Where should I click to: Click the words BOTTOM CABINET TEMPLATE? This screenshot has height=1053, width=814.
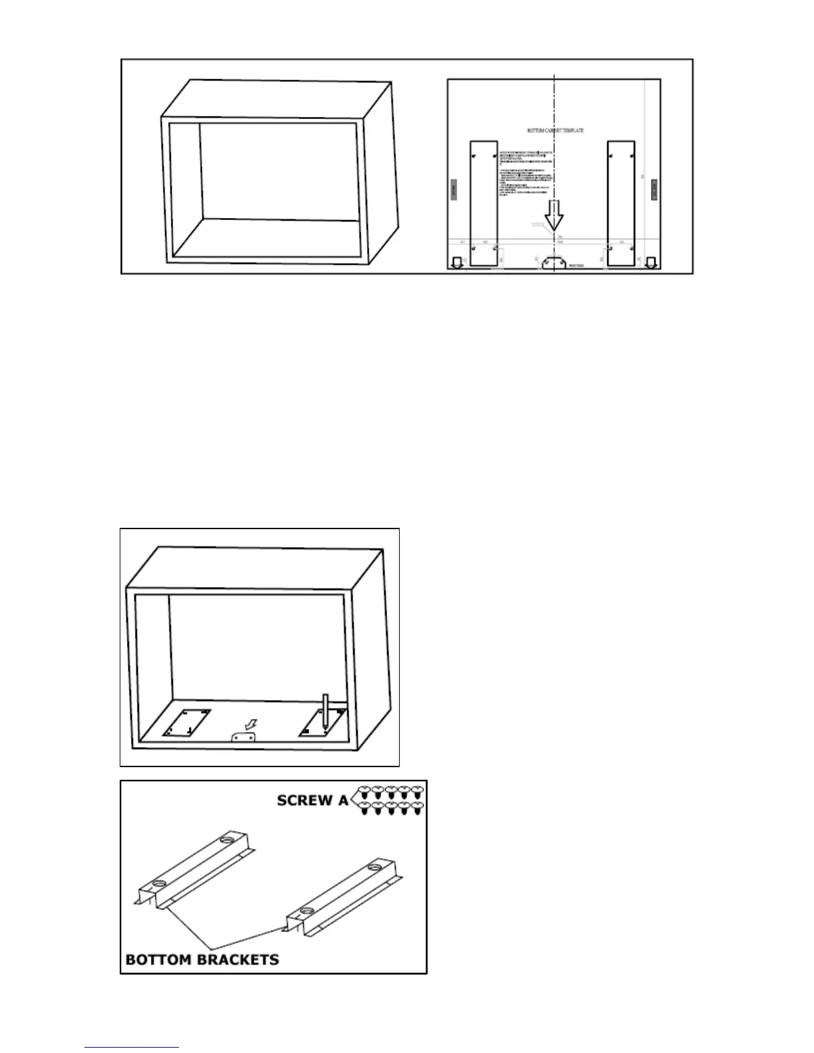pos(555,131)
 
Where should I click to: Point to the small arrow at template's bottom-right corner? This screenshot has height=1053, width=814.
pos(650,262)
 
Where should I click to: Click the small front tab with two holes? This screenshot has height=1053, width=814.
pos(243,739)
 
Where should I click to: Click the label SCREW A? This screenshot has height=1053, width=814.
pos(312,800)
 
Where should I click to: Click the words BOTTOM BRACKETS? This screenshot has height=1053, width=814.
pos(202,959)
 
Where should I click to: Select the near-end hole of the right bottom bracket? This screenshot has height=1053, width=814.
pos(305,910)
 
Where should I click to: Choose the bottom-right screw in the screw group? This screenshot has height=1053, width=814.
pos(418,808)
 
